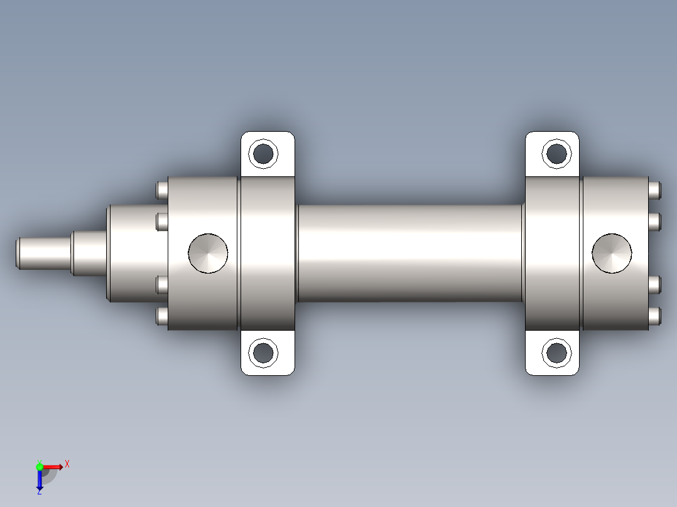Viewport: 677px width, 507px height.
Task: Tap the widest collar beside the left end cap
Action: pos(132,253)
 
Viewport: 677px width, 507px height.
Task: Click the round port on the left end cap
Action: pos(208,253)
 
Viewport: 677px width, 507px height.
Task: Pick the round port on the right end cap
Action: pos(612,253)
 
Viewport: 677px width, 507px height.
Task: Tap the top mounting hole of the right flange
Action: pos(556,153)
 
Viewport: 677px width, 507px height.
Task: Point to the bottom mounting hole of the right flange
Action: pos(556,353)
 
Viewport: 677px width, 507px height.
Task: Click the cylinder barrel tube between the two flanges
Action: pos(408,253)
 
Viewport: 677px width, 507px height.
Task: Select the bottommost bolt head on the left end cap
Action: pos(161,316)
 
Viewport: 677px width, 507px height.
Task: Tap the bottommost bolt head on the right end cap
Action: pos(655,316)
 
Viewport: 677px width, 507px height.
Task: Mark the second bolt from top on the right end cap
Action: pos(655,221)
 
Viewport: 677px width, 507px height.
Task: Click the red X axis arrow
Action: pos(53,466)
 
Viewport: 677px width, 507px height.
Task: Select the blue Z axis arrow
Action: pos(40,479)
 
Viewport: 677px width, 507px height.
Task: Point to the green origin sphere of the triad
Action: pos(40,466)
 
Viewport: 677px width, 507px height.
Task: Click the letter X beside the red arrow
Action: pos(67,464)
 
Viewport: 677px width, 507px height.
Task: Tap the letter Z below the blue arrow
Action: pos(39,493)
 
